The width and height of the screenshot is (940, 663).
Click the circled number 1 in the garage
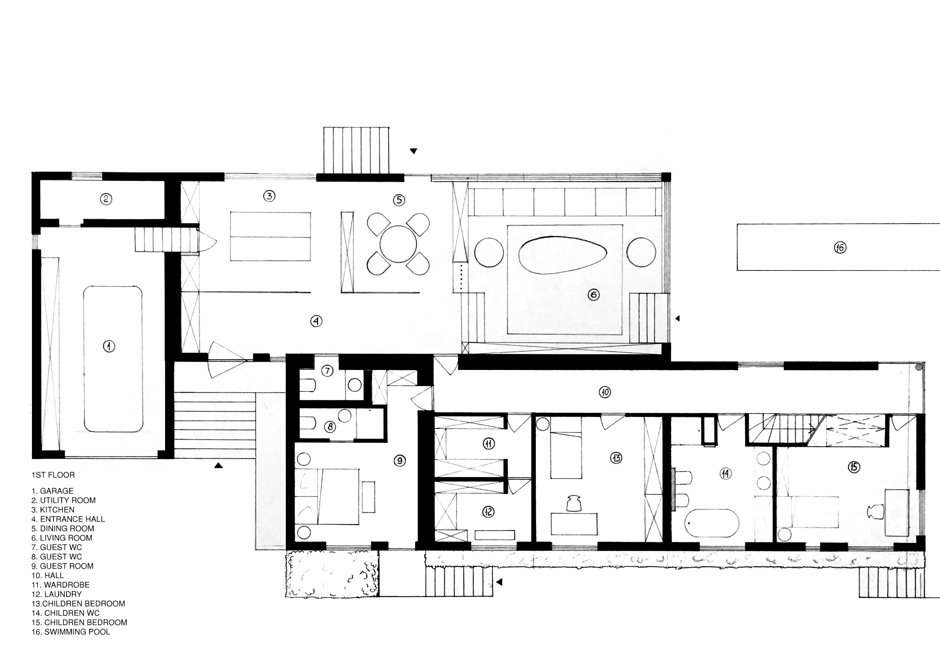[x=109, y=346]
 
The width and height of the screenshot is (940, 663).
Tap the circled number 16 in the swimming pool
[x=840, y=248]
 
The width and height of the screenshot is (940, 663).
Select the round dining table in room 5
[x=398, y=244]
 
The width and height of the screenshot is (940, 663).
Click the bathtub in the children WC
[x=711, y=523]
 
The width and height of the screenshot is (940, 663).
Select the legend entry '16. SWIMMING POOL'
[x=71, y=632]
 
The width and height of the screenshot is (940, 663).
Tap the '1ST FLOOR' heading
[x=53, y=475]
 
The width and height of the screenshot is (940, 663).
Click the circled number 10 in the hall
[x=605, y=392]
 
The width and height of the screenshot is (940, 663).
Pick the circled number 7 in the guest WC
[x=327, y=371]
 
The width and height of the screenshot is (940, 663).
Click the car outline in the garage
[x=113, y=359]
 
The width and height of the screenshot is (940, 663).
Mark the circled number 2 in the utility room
[x=106, y=199]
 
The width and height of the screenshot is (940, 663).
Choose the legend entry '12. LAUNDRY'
[x=56, y=594]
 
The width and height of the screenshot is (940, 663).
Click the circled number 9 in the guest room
[x=400, y=461]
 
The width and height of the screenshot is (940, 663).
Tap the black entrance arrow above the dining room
[x=414, y=151]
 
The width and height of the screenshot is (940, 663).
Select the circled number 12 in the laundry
[x=488, y=512]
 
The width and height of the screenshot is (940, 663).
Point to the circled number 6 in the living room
[x=594, y=294]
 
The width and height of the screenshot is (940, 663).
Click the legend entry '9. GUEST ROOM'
[x=63, y=566]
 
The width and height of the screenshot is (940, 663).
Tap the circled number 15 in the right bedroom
[x=854, y=467]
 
